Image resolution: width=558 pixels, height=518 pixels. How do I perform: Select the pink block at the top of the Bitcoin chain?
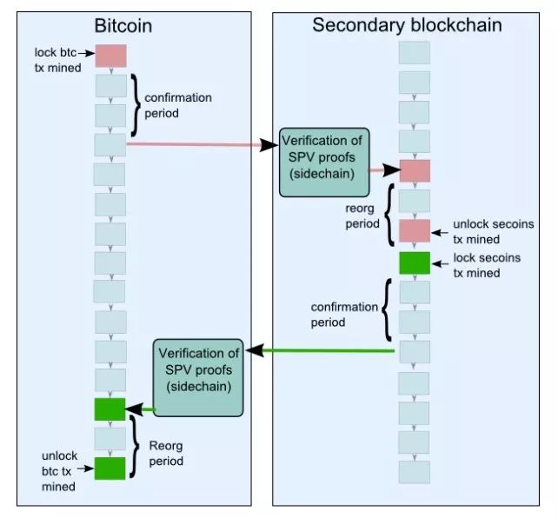click(x=110, y=56)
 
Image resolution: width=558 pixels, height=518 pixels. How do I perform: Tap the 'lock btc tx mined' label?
click(x=58, y=58)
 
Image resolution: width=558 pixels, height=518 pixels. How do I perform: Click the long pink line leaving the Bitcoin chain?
click(x=196, y=144)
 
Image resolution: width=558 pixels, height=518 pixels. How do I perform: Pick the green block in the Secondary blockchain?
click(x=415, y=261)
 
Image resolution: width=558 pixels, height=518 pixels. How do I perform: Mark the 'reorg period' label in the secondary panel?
click(x=362, y=216)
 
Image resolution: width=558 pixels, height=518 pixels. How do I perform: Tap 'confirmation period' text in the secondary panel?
click(x=343, y=314)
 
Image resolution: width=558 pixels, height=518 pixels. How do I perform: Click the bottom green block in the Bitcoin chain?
click(x=110, y=468)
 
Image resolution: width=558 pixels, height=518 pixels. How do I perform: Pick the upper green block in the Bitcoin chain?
click(x=110, y=408)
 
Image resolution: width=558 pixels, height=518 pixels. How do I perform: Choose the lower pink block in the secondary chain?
click(x=415, y=230)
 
